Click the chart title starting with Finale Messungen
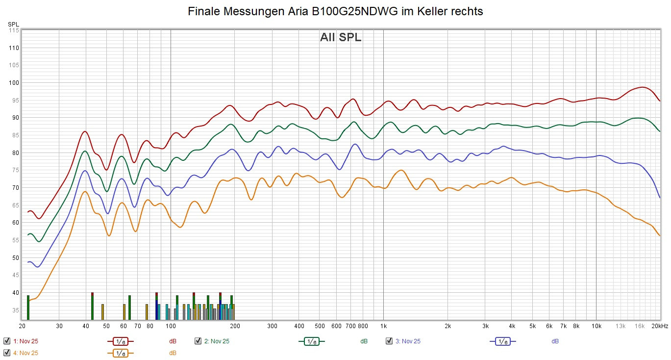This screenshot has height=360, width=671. tap(335, 12)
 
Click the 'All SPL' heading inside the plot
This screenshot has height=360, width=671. tap(341, 37)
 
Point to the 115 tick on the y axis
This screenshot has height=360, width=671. tap(13, 30)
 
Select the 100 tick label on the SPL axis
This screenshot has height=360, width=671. tap(13, 83)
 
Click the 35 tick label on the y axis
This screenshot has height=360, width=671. tap(15, 310)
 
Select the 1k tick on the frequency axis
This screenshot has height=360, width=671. tap(383, 326)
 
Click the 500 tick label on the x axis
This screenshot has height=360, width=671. tap(320, 326)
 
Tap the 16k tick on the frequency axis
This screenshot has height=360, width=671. tap(639, 326)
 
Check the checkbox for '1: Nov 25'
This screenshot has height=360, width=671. tap(7, 341)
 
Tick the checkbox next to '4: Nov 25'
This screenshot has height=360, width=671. tap(7, 353)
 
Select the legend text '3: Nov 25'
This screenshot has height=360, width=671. tap(408, 341)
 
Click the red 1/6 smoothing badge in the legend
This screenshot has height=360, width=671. tap(120, 341)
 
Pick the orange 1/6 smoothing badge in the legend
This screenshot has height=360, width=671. tap(120, 353)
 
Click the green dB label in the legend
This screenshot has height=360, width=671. tap(364, 341)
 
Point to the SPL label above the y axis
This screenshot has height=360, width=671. tap(13, 24)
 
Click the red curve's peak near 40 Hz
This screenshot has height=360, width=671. tap(85, 131)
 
